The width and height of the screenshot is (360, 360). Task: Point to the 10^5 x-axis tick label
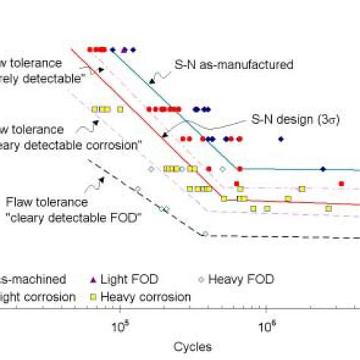coord(119,327)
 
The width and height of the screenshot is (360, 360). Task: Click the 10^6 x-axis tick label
coord(267,327)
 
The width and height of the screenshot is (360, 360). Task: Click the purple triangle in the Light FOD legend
coord(115,278)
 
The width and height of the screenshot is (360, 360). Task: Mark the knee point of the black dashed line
coord(204,234)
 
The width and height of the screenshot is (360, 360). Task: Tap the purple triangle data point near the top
coord(124,49)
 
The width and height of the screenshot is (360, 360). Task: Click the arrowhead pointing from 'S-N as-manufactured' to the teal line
coord(150,78)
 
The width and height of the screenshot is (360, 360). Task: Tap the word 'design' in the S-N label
coord(289,119)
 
